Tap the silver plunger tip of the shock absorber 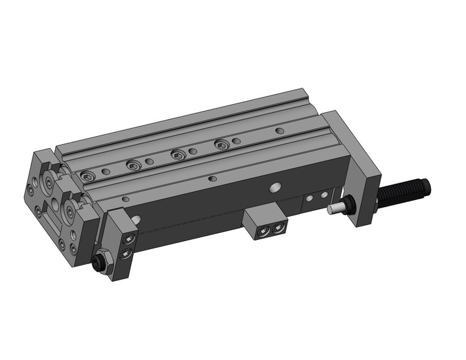(x=335, y=209)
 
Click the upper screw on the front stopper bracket (x=129, y=238)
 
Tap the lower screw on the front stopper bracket (x=126, y=253)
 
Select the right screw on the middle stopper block (x=278, y=229)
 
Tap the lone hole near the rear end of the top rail (x=279, y=131)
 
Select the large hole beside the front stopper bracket (x=136, y=219)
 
